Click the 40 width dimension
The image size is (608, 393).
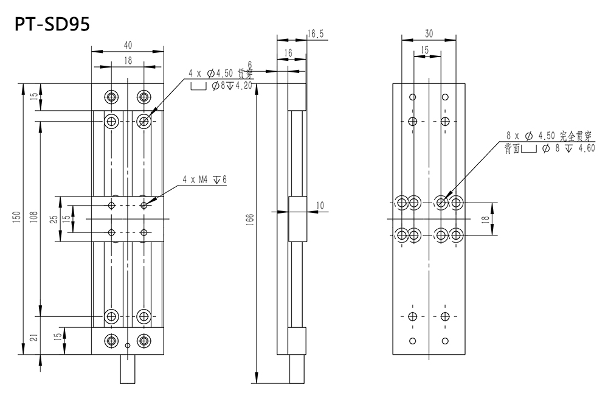click(x=128, y=45)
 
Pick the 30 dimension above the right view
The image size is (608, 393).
click(x=429, y=34)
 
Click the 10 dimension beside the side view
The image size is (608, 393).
click(x=320, y=206)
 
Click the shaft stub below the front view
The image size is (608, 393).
click(x=127, y=369)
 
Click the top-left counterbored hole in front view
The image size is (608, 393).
click(x=111, y=97)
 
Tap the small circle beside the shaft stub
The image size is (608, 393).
click(x=127, y=346)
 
